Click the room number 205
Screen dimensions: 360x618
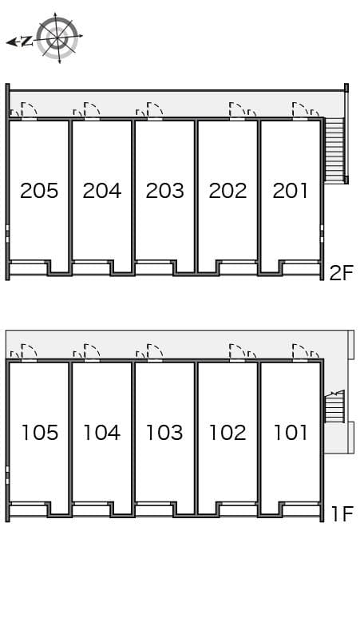click(x=39, y=191)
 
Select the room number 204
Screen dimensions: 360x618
click(x=102, y=191)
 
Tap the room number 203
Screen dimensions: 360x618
click(x=164, y=191)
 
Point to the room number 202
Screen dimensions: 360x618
click(x=227, y=191)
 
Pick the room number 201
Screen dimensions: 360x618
click(x=290, y=191)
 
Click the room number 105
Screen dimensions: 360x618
click(x=40, y=433)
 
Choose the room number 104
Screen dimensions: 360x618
click(x=101, y=433)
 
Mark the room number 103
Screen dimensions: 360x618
click(x=164, y=433)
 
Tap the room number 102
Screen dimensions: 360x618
click(x=227, y=433)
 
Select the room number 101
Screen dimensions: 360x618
click(x=291, y=433)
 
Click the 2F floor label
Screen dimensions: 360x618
click(x=342, y=273)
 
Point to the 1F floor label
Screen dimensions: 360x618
click(x=342, y=513)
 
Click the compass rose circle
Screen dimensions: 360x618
click(x=57, y=38)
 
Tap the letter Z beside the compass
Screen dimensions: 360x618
click(x=26, y=41)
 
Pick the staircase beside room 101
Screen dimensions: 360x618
click(x=334, y=406)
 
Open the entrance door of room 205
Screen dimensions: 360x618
click(x=30, y=111)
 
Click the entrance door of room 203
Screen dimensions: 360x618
click(x=155, y=111)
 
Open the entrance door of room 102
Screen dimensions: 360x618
click(x=237, y=352)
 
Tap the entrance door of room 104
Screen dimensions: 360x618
click(x=92, y=352)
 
